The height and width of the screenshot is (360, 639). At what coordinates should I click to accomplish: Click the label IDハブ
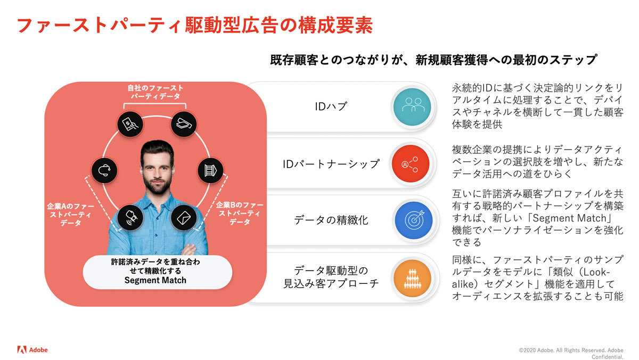pos(331,106)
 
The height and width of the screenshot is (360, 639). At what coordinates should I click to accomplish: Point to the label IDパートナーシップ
pos(331,163)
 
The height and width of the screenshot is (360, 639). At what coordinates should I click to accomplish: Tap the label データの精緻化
pos(331,220)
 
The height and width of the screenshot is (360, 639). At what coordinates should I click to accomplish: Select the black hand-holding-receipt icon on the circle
pos(131,124)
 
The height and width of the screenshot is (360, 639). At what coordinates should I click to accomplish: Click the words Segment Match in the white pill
pos(155,280)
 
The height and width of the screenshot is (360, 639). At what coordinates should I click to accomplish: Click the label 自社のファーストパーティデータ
pos(155,92)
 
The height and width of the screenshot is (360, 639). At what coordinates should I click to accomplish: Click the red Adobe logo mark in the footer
pos(22,350)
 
